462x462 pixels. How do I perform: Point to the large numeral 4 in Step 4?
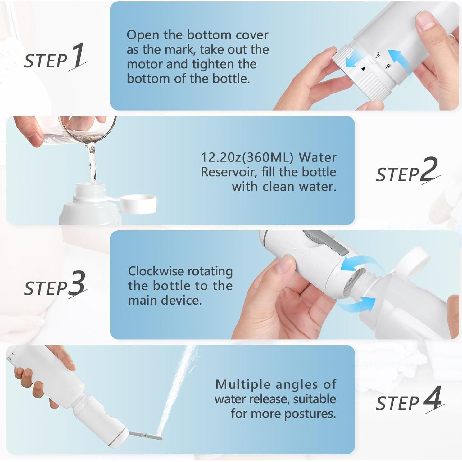432,398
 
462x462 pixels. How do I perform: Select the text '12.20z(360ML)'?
247,157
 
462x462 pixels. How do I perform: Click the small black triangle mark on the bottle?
363,69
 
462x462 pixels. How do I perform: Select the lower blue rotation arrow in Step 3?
357,305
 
